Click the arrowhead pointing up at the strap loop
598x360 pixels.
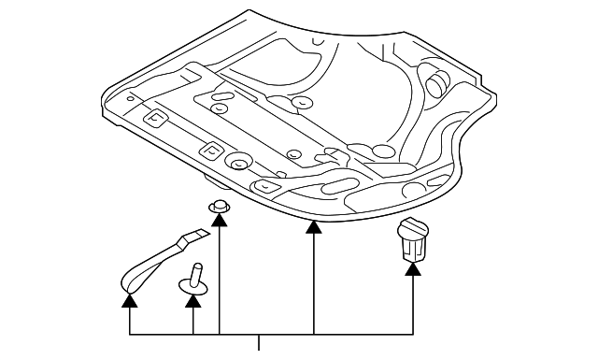tap(130, 300)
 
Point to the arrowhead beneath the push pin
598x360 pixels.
tap(193, 300)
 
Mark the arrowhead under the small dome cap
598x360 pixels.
tap(220, 220)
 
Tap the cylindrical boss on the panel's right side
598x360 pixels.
tap(436, 82)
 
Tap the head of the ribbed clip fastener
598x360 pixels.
tap(412, 226)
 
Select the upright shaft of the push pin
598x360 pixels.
tap(194, 272)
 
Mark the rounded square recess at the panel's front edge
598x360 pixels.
tap(267, 186)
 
